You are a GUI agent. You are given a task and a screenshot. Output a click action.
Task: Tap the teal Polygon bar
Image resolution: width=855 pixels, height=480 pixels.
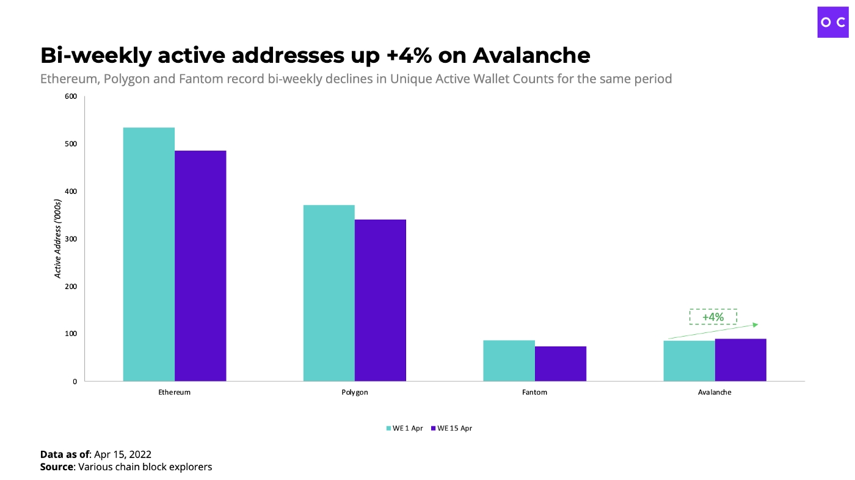tap(329, 293)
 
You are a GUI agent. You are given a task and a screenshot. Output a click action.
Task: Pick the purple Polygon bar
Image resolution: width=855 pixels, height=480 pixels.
tap(380, 300)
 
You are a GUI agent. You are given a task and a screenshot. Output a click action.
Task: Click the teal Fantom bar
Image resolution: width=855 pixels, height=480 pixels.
tap(509, 360)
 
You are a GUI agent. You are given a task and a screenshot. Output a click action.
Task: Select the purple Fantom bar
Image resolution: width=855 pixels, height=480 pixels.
tap(560, 364)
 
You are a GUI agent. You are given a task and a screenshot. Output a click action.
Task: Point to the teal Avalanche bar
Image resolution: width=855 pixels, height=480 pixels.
tap(689, 360)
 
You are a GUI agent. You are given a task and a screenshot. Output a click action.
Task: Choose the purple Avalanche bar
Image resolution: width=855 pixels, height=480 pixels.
tap(740, 360)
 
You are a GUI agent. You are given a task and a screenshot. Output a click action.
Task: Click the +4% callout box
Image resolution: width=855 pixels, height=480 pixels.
tap(713, 317)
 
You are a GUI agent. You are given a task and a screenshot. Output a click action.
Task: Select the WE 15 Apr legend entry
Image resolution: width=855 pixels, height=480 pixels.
tap(451, 428)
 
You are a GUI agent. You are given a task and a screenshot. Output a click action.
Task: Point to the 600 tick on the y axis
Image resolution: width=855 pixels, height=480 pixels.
tap(71, 96)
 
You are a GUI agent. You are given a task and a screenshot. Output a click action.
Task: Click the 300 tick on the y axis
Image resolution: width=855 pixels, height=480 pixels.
tap(71, 239)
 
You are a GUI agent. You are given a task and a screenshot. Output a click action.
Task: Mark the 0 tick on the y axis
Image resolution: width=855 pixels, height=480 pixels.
tap(75, 382)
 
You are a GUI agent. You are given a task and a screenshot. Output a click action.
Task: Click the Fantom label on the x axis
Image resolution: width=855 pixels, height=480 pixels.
tap(534, 392)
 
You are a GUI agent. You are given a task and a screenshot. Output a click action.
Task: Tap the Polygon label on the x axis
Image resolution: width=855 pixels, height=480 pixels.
tap(355, 392)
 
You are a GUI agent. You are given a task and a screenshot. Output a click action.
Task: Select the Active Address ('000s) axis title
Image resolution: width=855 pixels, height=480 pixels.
tap(58, 238)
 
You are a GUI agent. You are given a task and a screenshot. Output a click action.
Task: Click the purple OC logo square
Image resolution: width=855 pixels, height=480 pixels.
tap(833, 22)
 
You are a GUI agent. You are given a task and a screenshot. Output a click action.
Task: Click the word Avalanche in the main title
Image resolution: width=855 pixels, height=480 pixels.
tap(531, 56)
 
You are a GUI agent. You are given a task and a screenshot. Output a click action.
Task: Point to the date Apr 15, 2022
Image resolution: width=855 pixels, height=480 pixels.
tap(123, 454)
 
